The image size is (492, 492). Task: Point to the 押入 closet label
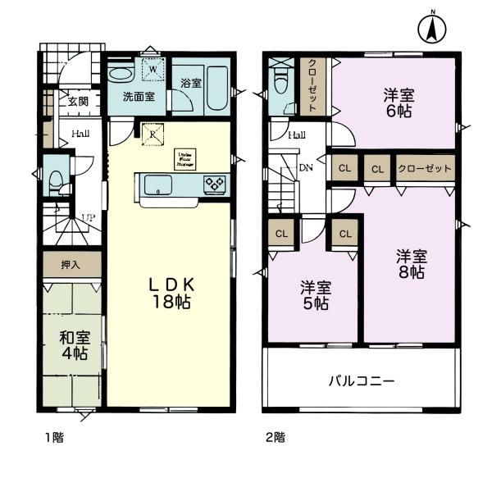tap(72, 265)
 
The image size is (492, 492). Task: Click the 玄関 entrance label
tap(78, 102)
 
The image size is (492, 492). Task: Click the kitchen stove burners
tap(216, 184)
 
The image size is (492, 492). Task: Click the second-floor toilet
tap(282, 83)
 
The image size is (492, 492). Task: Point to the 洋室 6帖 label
tap(399, 102)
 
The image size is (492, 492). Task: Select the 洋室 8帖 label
tap(410, 263)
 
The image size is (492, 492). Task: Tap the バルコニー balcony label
tap(362, 381)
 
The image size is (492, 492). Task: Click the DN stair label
tap(305, 169)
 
